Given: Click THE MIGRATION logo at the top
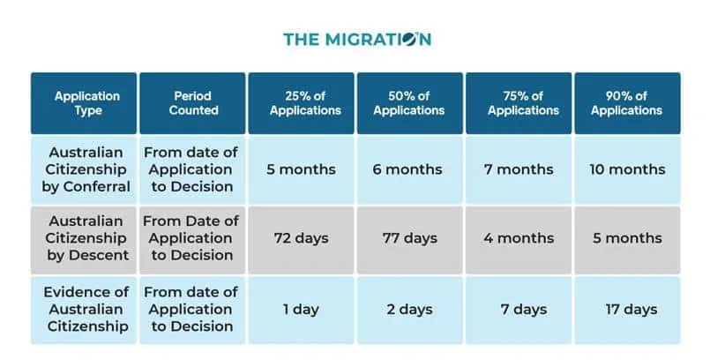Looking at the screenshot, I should pyautogui.click(x=356, y=39).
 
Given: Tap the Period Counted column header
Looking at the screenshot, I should pyautogui.click(x=192, y=103).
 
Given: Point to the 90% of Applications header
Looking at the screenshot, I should pyautogui.click(x=626, y=103).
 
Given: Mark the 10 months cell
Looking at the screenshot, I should pyautogui.click(x=626, y=169).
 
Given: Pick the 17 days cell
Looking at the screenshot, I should pyautogui.click(x=628, y=310).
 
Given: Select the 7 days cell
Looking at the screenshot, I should pyautogui.click(x=520, y=310).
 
